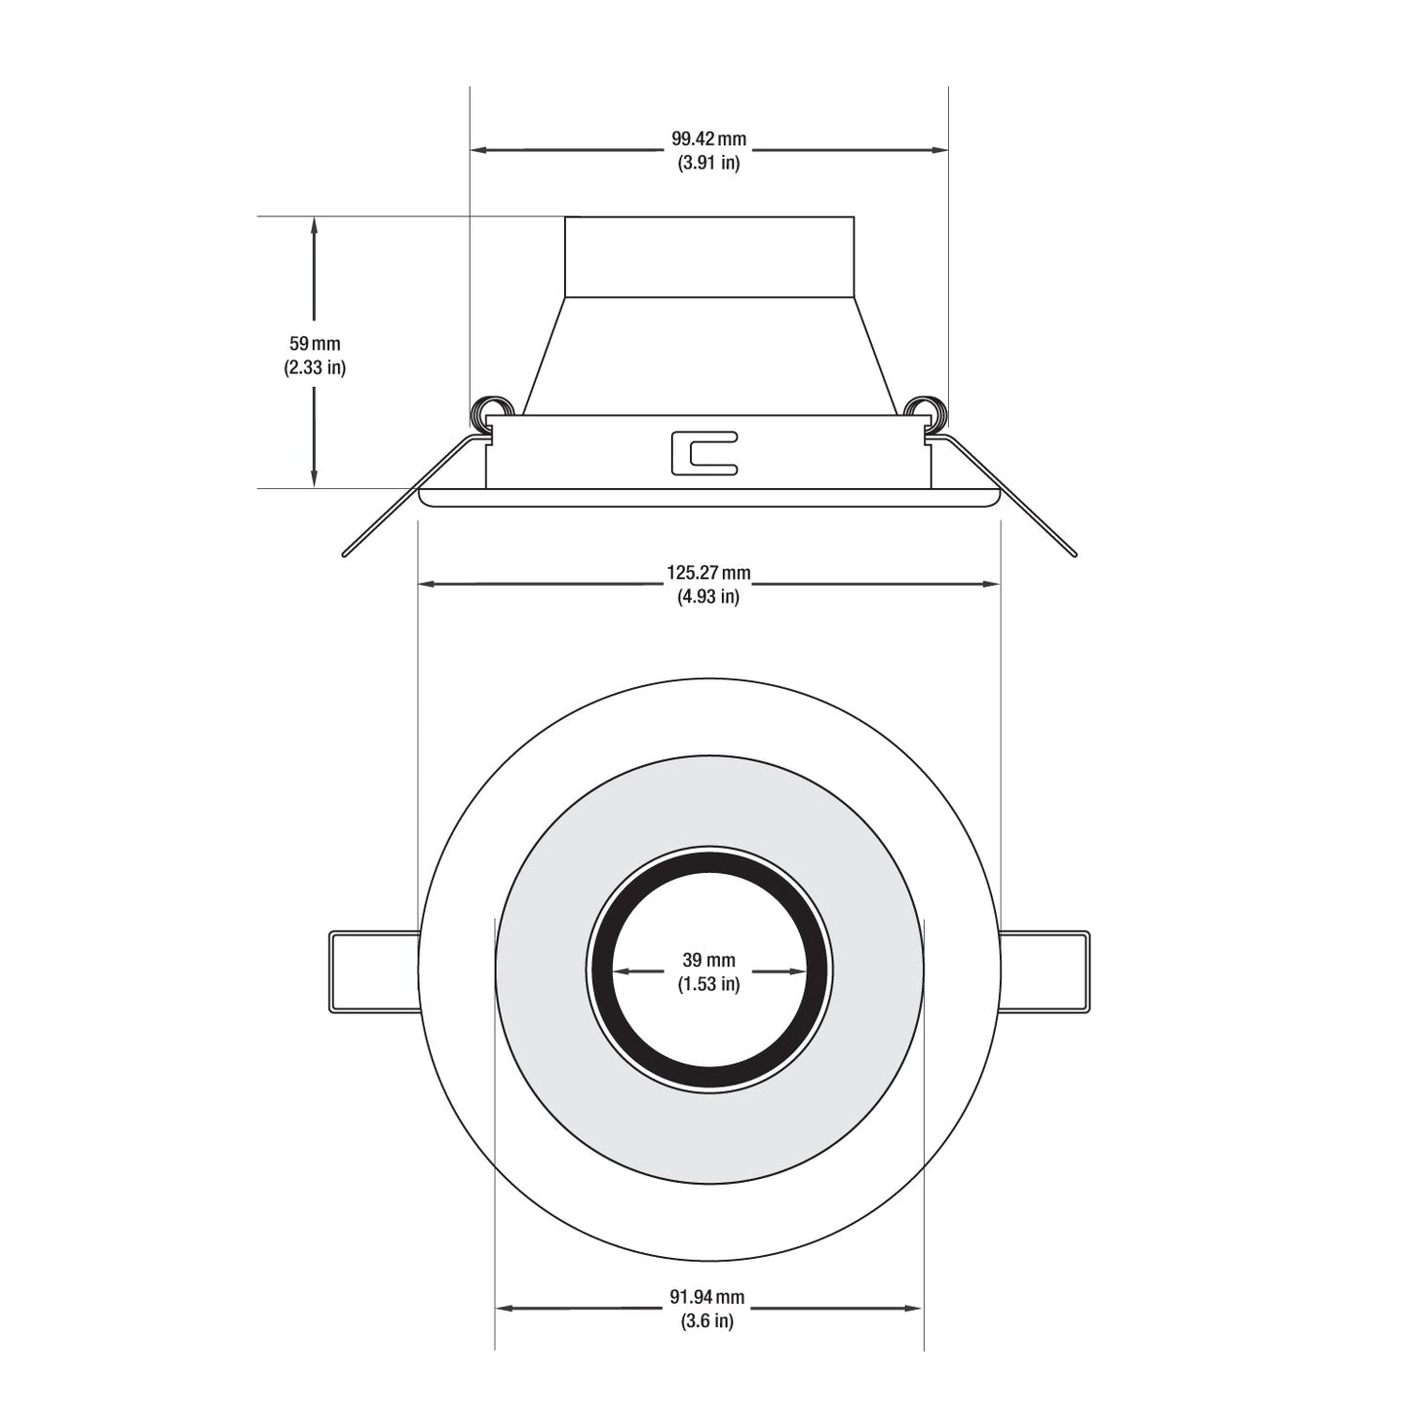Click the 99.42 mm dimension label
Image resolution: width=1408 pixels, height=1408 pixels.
pos(708,138)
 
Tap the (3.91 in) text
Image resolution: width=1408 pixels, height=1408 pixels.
pos(708,163)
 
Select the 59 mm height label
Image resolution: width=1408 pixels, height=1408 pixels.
pos(315,343)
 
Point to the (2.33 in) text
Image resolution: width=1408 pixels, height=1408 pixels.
pos(315,367)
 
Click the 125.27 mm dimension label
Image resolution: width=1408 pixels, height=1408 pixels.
pos(708,573)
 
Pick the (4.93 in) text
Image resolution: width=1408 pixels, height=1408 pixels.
pos(708,597)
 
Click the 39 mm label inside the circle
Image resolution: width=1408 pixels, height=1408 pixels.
pos(708,960)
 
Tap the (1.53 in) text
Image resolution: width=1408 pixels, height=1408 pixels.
pos(708,984)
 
